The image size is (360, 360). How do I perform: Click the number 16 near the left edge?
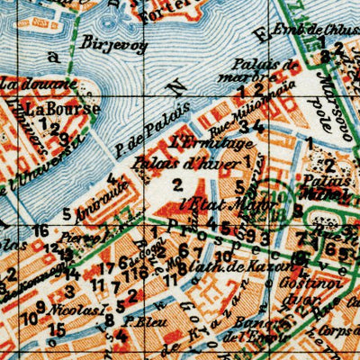click(40, 231)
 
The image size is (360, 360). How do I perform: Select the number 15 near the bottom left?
click(58, 329)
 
